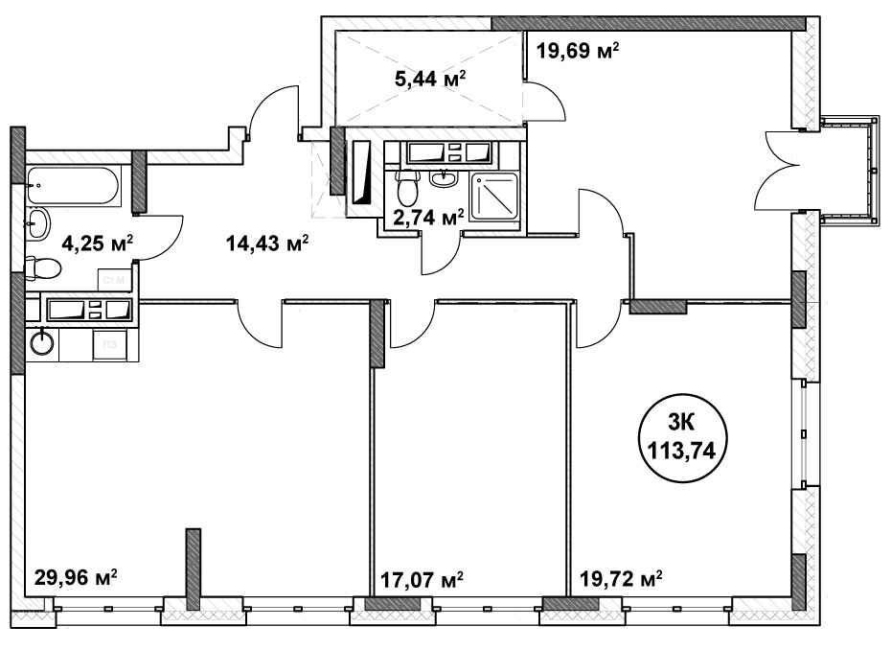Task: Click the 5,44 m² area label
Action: point(429,80)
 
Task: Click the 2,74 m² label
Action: point(423,218)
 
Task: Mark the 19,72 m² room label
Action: point(622,579)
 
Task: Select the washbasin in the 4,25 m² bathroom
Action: point(38,223)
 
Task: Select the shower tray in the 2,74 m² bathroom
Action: point(494,200)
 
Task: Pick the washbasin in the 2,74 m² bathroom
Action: point(443,177)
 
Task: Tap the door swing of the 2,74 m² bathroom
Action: point(442,251)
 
